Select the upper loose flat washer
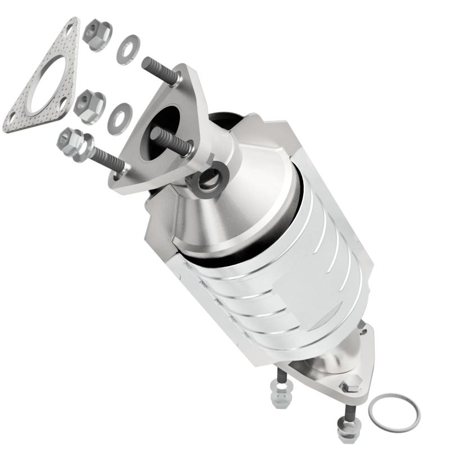(129, 49)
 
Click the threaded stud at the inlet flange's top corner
(160, 71)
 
